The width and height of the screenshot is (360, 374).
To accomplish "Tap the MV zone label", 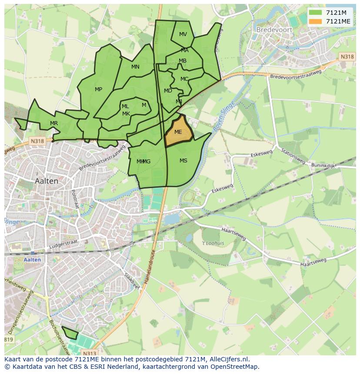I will pos(183,34).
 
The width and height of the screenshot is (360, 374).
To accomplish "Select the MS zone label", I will pos(183,161).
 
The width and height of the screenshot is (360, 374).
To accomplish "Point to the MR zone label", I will pos(54,123).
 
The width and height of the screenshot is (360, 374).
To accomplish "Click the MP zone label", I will pos(99,89).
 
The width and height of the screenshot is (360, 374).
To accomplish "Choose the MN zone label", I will pos(135,67).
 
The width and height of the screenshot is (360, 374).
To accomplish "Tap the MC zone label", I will pos(184,79).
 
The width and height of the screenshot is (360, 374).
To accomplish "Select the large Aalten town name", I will pos(47,181).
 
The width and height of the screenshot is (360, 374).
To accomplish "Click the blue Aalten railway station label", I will pos(33,260).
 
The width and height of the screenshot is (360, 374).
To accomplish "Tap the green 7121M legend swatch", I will pos(315,13).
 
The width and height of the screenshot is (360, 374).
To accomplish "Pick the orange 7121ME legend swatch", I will pos(315,21).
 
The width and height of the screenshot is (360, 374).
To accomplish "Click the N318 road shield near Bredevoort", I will pos(347,57).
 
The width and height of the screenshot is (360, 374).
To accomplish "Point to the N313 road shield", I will pos(90,354).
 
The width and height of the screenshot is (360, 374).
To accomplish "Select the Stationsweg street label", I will pos(293,156).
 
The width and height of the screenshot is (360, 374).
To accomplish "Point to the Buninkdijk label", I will pos(323,165).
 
